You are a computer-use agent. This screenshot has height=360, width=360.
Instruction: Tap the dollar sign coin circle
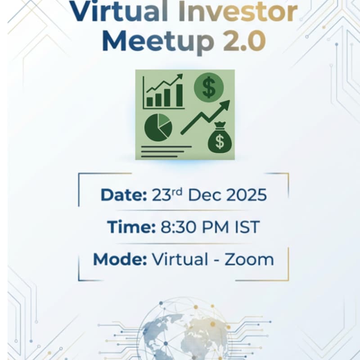coord(208,87)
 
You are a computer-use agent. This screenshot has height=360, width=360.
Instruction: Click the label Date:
coord(124,195)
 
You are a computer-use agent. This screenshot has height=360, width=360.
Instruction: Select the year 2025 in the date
coord(246,195)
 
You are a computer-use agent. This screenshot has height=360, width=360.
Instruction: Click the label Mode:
coord(120,259)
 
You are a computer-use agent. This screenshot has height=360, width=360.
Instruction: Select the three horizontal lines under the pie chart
coord(164,152)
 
